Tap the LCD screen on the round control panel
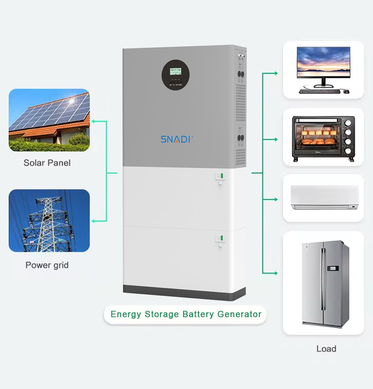click(175, 71)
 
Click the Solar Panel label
click(47, 163)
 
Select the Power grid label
click(47, 265)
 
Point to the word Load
click(326, 349)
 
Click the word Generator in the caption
click(239, 314)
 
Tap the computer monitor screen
click(323, 63)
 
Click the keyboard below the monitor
click(319, 91)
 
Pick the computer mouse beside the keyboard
click(346, 91)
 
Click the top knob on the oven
click(348, 122)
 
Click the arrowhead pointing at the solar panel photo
click(93, 121)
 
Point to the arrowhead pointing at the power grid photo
click(93, 221)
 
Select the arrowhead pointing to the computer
click(276, 73)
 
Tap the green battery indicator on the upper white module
click(222, 176)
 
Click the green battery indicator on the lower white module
click(222, 238)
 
